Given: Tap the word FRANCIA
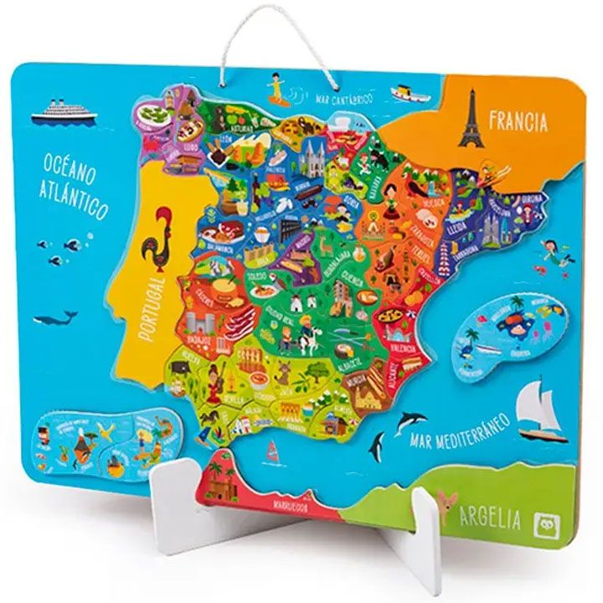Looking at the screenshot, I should [518, 121].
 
